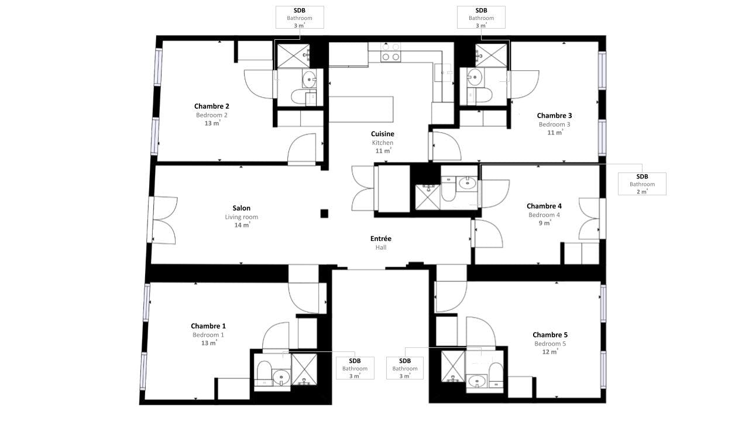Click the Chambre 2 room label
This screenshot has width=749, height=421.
pyautogui.click(x=212, y=106)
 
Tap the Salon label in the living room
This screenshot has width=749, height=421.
pyautogui.click(x=242, y=208)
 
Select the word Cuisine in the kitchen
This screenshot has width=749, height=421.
pyautogui.click(x=383, y=134)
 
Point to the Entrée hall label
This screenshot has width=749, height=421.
pyautogui.click(x=381, y=239)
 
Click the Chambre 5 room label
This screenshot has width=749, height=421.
pyautogui.click(x=550, y=335)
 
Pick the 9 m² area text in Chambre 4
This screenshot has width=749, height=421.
pyautogui.click(x=545, y=223)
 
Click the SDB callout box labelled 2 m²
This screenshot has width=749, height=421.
pyautogui.click(x=642, y=184)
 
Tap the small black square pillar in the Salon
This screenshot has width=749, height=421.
pyautogui.click(x=324, y=213)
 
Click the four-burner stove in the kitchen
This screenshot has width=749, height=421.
pyautogui.click(x=391, y=53)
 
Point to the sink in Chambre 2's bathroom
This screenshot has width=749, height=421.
pyautogui.click(x=309, y=79)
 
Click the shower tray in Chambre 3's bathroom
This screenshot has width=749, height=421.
pyautogui.click(x=491, y=55)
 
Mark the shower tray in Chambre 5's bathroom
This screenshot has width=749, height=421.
pyautogui.click(x=453, y=366)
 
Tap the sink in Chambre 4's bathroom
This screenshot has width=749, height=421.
pyautogui.click(x=467, y=183)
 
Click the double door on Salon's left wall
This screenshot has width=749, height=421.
pyautogui.click(x=163, y=220)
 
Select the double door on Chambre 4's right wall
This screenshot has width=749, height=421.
pyautogui.click(x=591, y=219)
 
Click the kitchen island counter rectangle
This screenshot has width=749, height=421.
pyautogui.click(x=361, y=109)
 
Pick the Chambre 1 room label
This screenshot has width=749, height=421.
pyautogui.click(x=208, y=326)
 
